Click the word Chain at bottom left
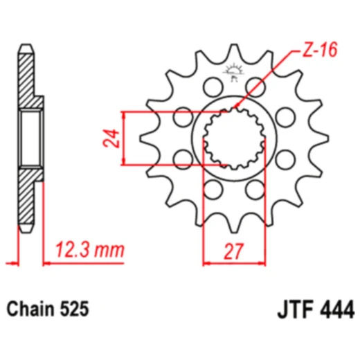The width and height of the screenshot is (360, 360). (x=30, y=308)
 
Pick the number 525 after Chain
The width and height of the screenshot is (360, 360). (x=75, y=308)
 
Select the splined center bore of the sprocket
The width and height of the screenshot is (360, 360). (x=235, y=138)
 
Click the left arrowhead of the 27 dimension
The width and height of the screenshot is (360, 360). (x=204, y=263)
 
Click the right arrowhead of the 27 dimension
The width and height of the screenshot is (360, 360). (x=267, y=263)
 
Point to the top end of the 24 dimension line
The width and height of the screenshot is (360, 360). (x=123, y=111)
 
